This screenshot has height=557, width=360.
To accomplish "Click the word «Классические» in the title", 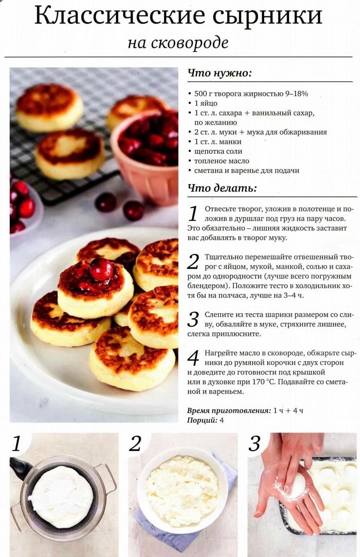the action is coord(120,15).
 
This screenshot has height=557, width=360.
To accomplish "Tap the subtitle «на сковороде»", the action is coord(178,42).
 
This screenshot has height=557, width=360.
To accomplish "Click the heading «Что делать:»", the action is coord(222,188).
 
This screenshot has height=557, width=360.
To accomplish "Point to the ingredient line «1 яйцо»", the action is coord(206,103).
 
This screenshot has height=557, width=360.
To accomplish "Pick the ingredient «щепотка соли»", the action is coord(218,151).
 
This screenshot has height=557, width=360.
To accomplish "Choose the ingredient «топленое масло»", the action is coord(222,161).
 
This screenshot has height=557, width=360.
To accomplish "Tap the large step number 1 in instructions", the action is coord(193,213).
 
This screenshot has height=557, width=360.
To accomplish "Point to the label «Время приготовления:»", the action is coord(229,411).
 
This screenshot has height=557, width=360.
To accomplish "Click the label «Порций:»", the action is coord(202,420).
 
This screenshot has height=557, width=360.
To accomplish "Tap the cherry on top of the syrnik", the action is coord(101,269).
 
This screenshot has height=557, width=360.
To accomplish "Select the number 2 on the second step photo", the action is coord(135,444).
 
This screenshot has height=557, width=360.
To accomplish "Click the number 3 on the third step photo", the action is coord(255,444).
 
